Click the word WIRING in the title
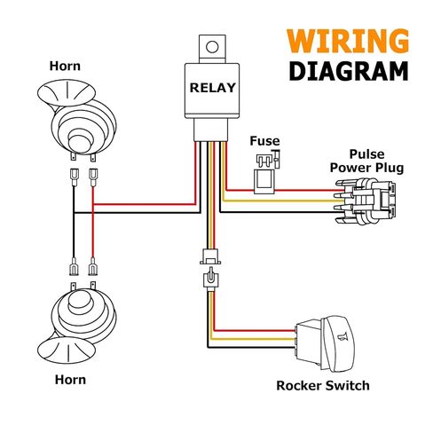pos(348,41)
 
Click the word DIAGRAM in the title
pos(349,71)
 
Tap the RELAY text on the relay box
pos(212,88)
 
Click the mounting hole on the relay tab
pos(212,47)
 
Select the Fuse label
pos(264,141)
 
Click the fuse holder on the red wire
pos(264,181)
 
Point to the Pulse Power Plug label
pos(366,161)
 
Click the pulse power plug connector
pos(366,201)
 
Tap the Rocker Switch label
pos(323,386)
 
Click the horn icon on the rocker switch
pos(342,336)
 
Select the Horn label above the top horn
pos(65,66)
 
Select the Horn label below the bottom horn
pos(70,380)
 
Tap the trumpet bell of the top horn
pos(67,92)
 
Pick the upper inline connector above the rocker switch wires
pos(210,256)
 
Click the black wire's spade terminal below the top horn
pos(74,177)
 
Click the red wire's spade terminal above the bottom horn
pos(93,266)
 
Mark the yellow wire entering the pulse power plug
pos(282,201)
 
